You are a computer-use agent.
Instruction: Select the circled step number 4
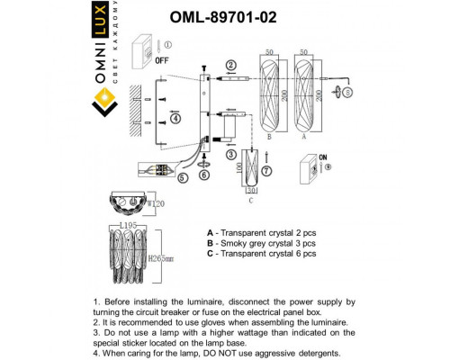click(176, 118)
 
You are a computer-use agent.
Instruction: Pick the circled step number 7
click(277, 170)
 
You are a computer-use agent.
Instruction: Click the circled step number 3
click(230, 155)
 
